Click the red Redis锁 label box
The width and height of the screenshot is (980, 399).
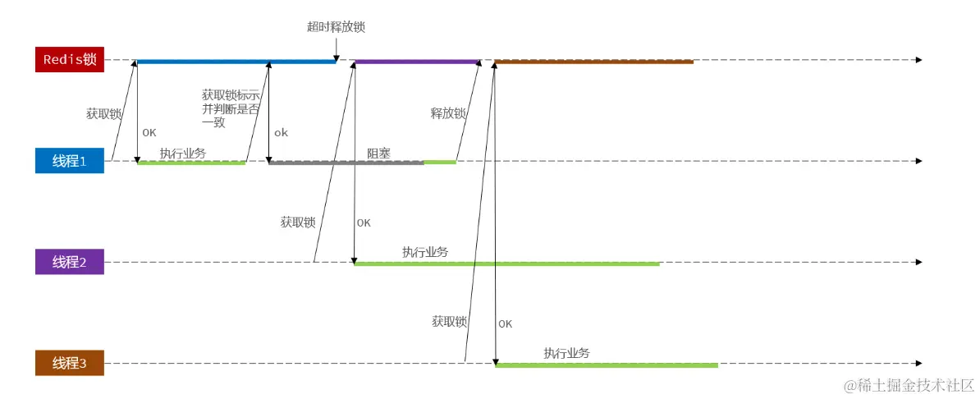pyautogui.click(x=69, y=60)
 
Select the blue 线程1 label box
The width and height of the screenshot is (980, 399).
pyautogui.click(x=69, y=162)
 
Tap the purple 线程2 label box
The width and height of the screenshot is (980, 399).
pyautogui.click(x=69, y=263)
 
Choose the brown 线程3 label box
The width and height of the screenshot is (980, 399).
pyautogui.click(x=69, y=364)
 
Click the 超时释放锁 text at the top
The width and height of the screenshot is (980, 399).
pyautogui.click(x=336, y=27)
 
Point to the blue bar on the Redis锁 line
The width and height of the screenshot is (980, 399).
pyautogui.click(x=236, y=62)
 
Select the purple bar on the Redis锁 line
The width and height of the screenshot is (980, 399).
pyautogui.click(x=416, y=62)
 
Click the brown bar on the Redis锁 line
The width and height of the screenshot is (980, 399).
pyautogui.click(x=594, y=62)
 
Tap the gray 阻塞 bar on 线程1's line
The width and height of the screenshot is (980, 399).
pyautogui.click(x=346, y=163)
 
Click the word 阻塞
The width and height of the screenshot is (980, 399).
pyautogui.click(x=378, y=153)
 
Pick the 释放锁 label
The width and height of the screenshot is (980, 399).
pyautogui.click(x=447, y=113)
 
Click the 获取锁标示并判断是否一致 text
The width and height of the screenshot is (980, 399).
pyautogui.click(x=231, y=108)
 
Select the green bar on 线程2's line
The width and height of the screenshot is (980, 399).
pyautogui.click(x=506, y=264)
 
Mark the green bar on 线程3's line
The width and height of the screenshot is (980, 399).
pyautogui.click(x=607, y=365)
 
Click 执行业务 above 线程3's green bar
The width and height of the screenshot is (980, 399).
pyautogui.click(x=566, y=353)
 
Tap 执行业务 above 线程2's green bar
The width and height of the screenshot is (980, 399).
pyautogui.click(x=425, y=252)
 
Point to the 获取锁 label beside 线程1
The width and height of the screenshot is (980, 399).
pyautogui.click(x=103, y=114)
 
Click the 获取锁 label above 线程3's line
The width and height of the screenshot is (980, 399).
pyautogui.click(x=449, y=322)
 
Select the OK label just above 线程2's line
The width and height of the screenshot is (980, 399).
pyautogui.click(x=364, y=222)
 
